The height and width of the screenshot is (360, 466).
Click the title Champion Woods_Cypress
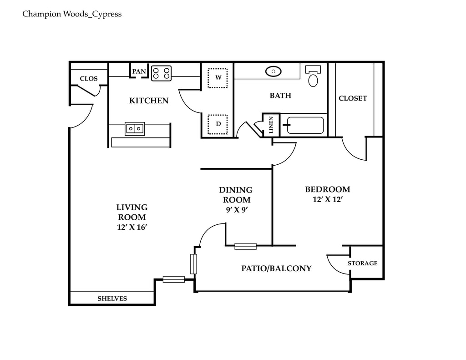click(72, 14)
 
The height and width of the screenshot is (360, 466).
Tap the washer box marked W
click(218, 78)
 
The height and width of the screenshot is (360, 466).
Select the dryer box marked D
click(218, 124)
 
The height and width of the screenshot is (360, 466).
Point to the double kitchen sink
click(135, 129)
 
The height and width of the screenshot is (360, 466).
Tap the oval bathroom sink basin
click(273, 71)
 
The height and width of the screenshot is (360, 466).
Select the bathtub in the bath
click(305, 125)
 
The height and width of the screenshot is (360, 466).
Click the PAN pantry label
click(139, 71)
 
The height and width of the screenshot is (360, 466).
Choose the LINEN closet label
click(271, 125)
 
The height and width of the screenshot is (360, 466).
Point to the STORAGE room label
click(363, 263)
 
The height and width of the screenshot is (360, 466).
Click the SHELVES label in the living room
click(112, 299)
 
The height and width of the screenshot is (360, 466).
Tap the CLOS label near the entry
click(89, 79)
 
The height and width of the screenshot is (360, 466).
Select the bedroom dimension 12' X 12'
click(327, 199)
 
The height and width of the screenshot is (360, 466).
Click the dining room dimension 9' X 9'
click(236, 209)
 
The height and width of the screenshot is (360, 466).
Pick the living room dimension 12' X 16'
click(132, 227)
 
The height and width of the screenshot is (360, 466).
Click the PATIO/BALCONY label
click(276, 269)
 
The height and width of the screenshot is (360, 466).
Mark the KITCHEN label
click(149, 101)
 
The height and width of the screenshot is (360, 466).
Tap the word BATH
click(280, 96)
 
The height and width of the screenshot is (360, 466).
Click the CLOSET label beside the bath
click(353, 98)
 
